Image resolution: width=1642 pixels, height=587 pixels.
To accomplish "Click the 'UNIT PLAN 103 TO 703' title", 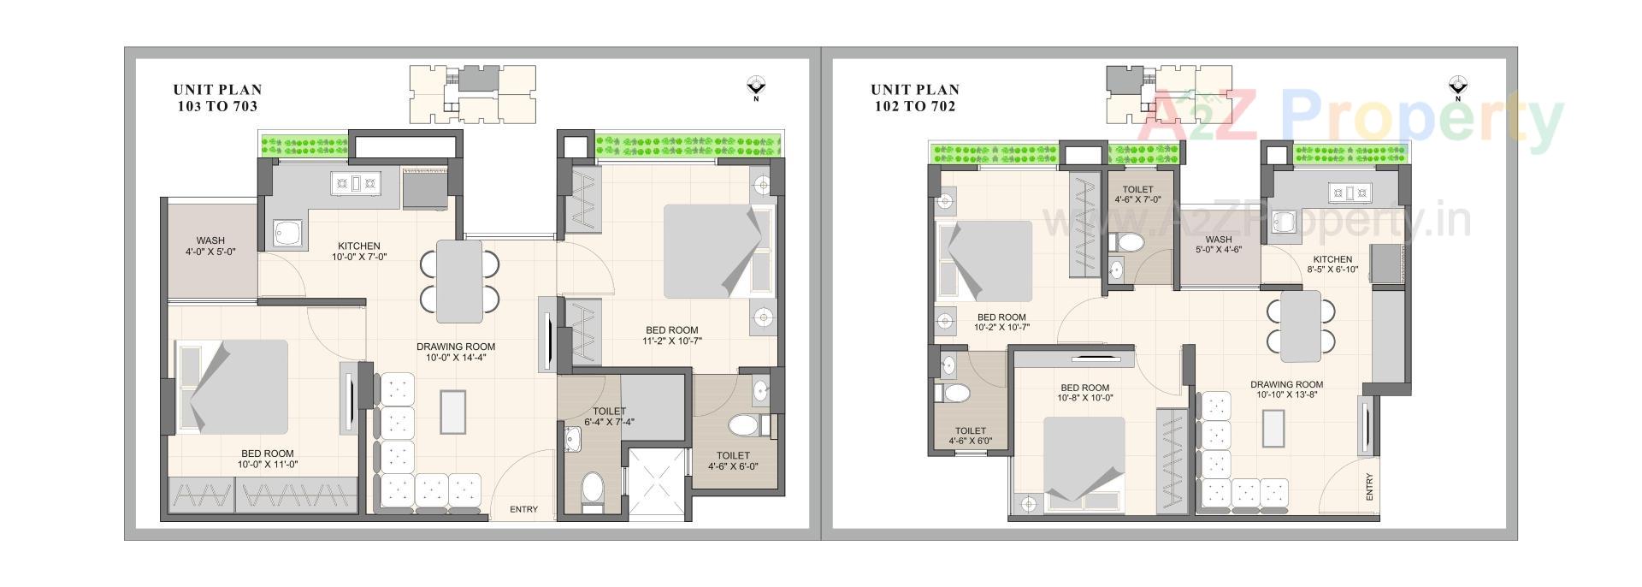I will tap(217, 98).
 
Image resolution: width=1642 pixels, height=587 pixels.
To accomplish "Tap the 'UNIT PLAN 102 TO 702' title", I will tap(915, 98).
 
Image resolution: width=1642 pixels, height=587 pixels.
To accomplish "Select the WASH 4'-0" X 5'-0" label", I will tap(210, 246).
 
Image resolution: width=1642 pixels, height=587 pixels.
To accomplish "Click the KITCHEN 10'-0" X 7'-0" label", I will tap(358, 251).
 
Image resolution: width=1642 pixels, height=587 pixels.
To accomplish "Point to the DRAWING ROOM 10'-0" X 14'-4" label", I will tap(456, 353).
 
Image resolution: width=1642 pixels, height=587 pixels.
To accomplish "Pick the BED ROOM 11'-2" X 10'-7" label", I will tap(671, 335).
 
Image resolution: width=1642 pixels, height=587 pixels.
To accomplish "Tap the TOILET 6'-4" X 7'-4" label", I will tap(609, 417).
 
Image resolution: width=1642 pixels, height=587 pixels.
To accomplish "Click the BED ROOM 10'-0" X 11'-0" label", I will tap(267, 460).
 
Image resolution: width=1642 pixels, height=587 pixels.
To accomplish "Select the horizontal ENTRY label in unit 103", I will tap(523, 510).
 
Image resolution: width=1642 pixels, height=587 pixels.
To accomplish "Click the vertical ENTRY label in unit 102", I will tap(1369, 487).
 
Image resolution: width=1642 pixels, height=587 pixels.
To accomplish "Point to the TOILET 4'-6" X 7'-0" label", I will tap(1137, 195).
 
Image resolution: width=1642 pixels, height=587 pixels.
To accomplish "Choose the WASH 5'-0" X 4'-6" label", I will tap(1218, 245).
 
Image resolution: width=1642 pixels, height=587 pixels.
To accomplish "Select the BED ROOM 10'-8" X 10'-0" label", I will tap(1084, 393).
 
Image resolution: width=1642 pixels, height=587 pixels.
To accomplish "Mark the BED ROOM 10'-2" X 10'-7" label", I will tap(1001, 322).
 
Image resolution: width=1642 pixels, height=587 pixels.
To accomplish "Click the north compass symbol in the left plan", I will tap(756, 86).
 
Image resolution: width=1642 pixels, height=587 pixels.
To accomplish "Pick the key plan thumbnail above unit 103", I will tap(473, 94).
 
